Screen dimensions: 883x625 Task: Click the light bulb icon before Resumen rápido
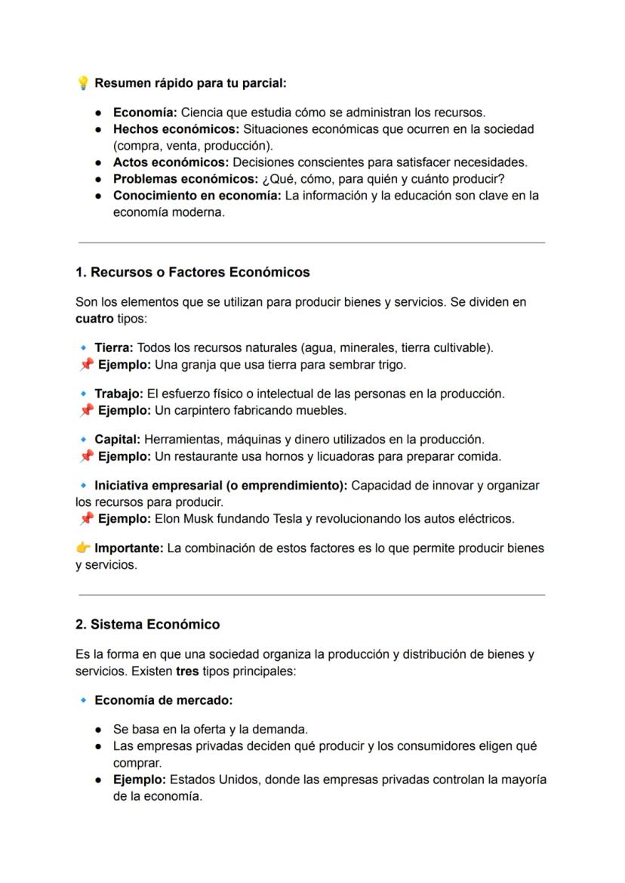click(x=83, y=82)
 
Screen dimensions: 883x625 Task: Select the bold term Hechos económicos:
click(x=176, y=129)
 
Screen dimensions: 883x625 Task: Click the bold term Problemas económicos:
click(x=186, y=179)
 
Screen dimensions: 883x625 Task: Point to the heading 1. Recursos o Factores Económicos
click(x=192, y=272)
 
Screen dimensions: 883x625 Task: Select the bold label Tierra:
click(x=114, y=348)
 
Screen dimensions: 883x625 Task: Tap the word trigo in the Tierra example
click(x=390, y=365)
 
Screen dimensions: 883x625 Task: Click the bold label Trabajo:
click(x=119, y=394)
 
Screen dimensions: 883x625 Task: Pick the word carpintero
click(x=208, y=411)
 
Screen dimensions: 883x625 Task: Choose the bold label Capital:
click(x=117, y=440)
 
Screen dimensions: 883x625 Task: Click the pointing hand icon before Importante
click(x=83, y=548)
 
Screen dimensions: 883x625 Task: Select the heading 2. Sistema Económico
click(x=148, y=625)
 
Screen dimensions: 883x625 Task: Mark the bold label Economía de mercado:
click(x=163, y=701)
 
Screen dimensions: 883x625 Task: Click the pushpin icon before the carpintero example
click(x=87, y=411)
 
